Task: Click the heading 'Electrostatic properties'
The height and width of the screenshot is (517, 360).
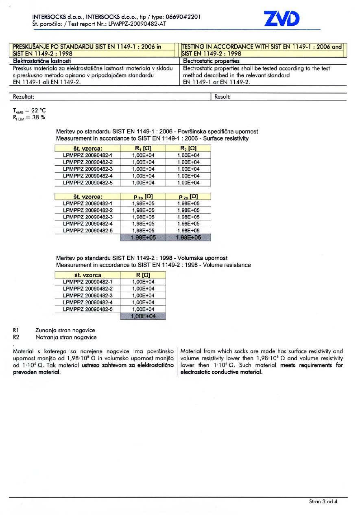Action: pos(211,61)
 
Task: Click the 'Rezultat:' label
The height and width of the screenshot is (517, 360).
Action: pos(24,97)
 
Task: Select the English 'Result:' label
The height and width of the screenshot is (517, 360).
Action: pos(223,97)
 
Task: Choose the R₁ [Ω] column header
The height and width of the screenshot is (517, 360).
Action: pos(143,149)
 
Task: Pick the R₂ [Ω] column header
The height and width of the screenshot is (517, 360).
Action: pos(188,149)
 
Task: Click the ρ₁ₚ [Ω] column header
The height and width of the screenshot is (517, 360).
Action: pos(143,197)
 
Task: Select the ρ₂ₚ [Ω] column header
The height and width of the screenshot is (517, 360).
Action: pos(188,197)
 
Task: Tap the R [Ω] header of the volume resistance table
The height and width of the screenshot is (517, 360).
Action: pos(143,275)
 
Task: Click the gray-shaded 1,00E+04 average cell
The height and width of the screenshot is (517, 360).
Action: pos(143,316)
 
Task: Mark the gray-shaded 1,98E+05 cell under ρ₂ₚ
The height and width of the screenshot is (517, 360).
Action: pos(188,238)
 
